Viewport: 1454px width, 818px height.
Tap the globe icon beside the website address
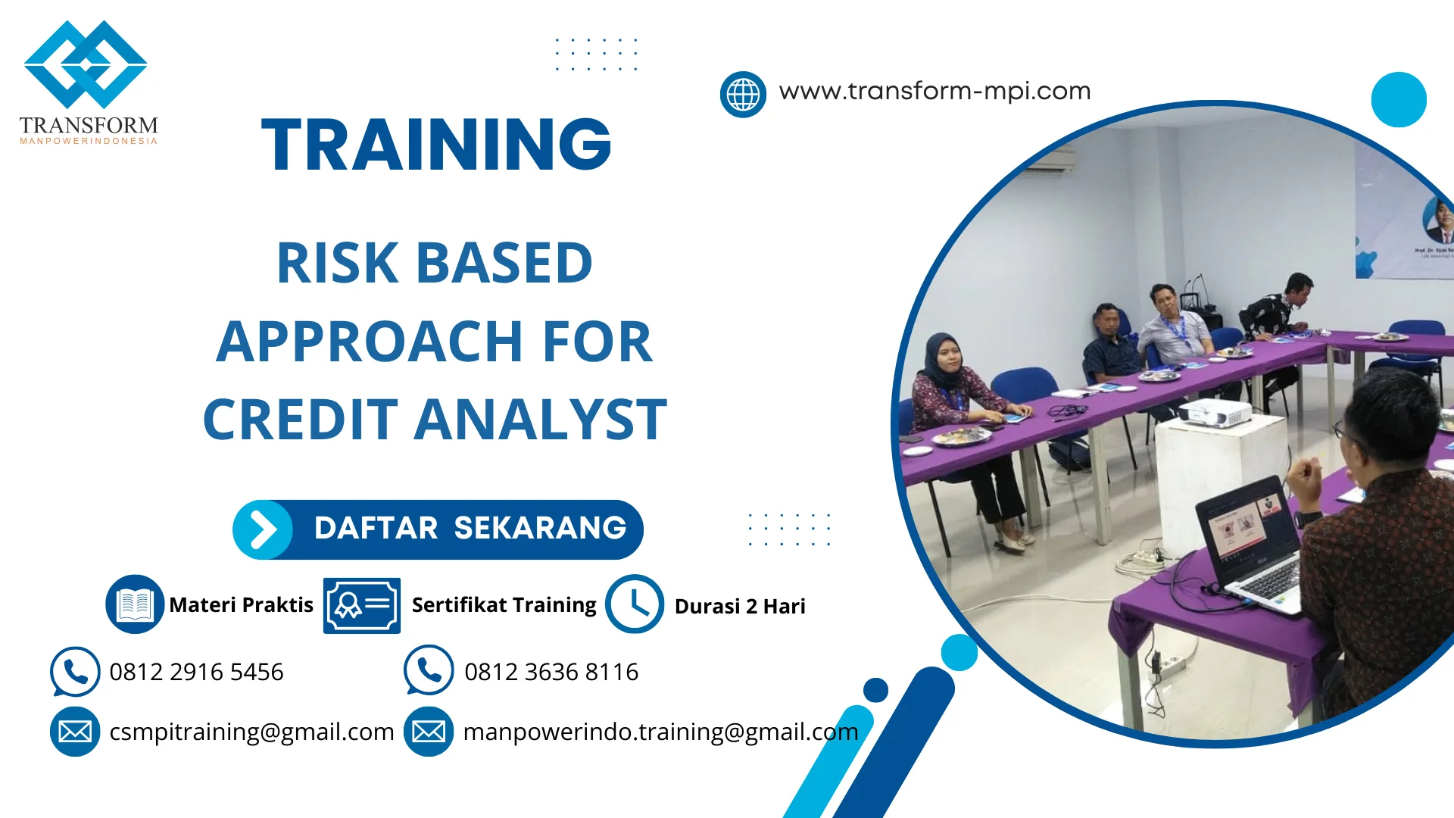743,95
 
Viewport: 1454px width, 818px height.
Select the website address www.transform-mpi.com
934,91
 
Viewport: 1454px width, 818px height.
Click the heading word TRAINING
436,144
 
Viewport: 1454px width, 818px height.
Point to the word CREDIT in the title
300,420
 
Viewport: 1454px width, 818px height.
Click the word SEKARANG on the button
540,528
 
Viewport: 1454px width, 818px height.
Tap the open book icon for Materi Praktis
135,604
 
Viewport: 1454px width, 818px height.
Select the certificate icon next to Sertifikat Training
362,605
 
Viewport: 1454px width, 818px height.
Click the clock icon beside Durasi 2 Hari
635,604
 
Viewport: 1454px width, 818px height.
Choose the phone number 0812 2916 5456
196,672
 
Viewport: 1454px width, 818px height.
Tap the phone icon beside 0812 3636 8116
429,670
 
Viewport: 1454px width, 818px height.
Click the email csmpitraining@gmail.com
251,732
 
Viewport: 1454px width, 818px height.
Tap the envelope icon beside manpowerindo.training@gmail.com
429,731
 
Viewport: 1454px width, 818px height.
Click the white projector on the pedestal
1215,413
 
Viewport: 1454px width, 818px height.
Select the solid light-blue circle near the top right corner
1399,99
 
